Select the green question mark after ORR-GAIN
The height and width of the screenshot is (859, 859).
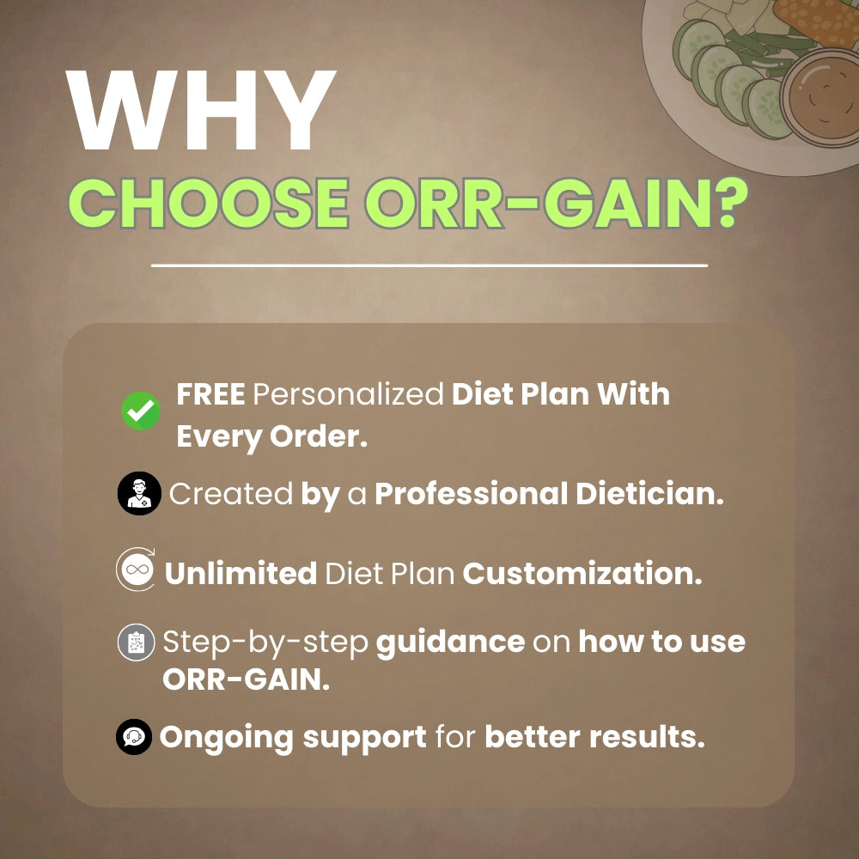click(x=727, y=204)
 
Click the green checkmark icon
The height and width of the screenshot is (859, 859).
click(x=141, y=411)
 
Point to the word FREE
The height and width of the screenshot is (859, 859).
click(x=211, y=395)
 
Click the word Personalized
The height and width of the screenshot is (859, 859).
click(x=350, y=395)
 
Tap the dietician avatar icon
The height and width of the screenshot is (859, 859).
click(x=138, y=494)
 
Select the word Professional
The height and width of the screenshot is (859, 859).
click(x=470, y=494)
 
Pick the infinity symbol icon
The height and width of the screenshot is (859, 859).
click(x=136, y=570)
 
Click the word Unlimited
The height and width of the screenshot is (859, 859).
click(x=241, y=574)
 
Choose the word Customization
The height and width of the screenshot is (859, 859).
click(x=582, y=574)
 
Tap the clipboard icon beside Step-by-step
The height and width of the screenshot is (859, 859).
click(x=136, y=643)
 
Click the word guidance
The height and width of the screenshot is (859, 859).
click(x=450, y=643)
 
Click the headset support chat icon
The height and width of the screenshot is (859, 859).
click(x=134, y=737)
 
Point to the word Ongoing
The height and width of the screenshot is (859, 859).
click(x=226, y=737)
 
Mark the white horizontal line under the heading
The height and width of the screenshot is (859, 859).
click(x=429, y=265)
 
